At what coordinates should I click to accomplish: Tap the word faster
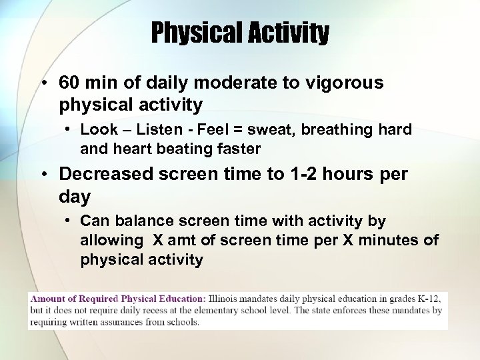[x=235, y=149]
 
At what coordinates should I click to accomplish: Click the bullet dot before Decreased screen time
[x=43, y=175]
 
